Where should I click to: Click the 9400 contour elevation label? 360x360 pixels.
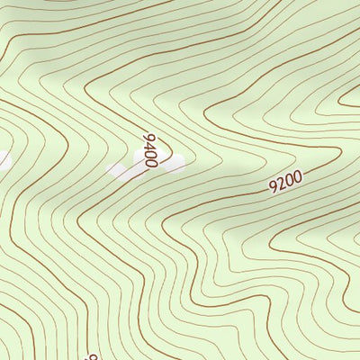[149, 149]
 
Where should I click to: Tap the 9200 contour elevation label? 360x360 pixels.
[286, 184]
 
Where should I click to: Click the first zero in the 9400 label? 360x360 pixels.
[150, 154]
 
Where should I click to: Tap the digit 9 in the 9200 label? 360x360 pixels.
[274, 188]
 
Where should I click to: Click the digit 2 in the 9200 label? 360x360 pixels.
[282, 185]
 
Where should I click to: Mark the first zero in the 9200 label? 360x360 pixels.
[290, 182]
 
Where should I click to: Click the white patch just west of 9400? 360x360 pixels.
[119, 169]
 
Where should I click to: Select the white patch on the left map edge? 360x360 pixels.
[4, 160]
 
